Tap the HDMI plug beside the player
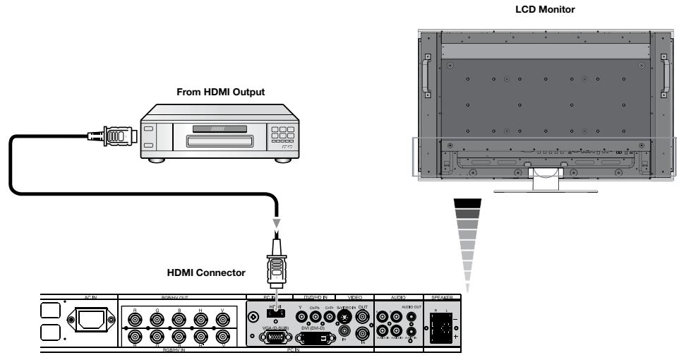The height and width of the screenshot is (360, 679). coord(112,135)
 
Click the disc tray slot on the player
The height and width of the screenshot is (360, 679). coord(215,141)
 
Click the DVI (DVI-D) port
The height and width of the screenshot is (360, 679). coord(313,338)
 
